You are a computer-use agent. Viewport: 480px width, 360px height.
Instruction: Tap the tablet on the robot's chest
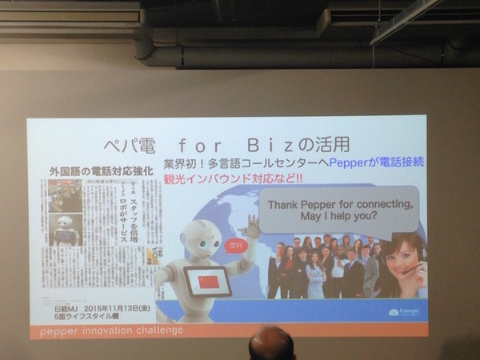[x=208, y=282]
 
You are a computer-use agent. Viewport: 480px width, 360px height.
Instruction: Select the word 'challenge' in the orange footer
[x=161, y=330]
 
